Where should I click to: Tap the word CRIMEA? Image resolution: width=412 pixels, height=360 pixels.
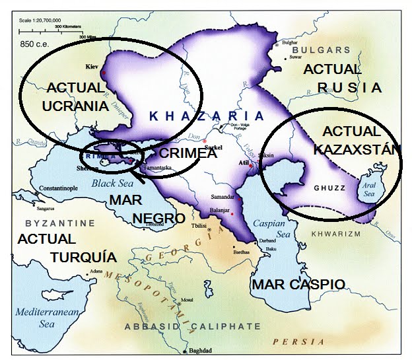click(189, 153)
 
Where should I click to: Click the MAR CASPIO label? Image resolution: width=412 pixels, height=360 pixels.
click(298, 285)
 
